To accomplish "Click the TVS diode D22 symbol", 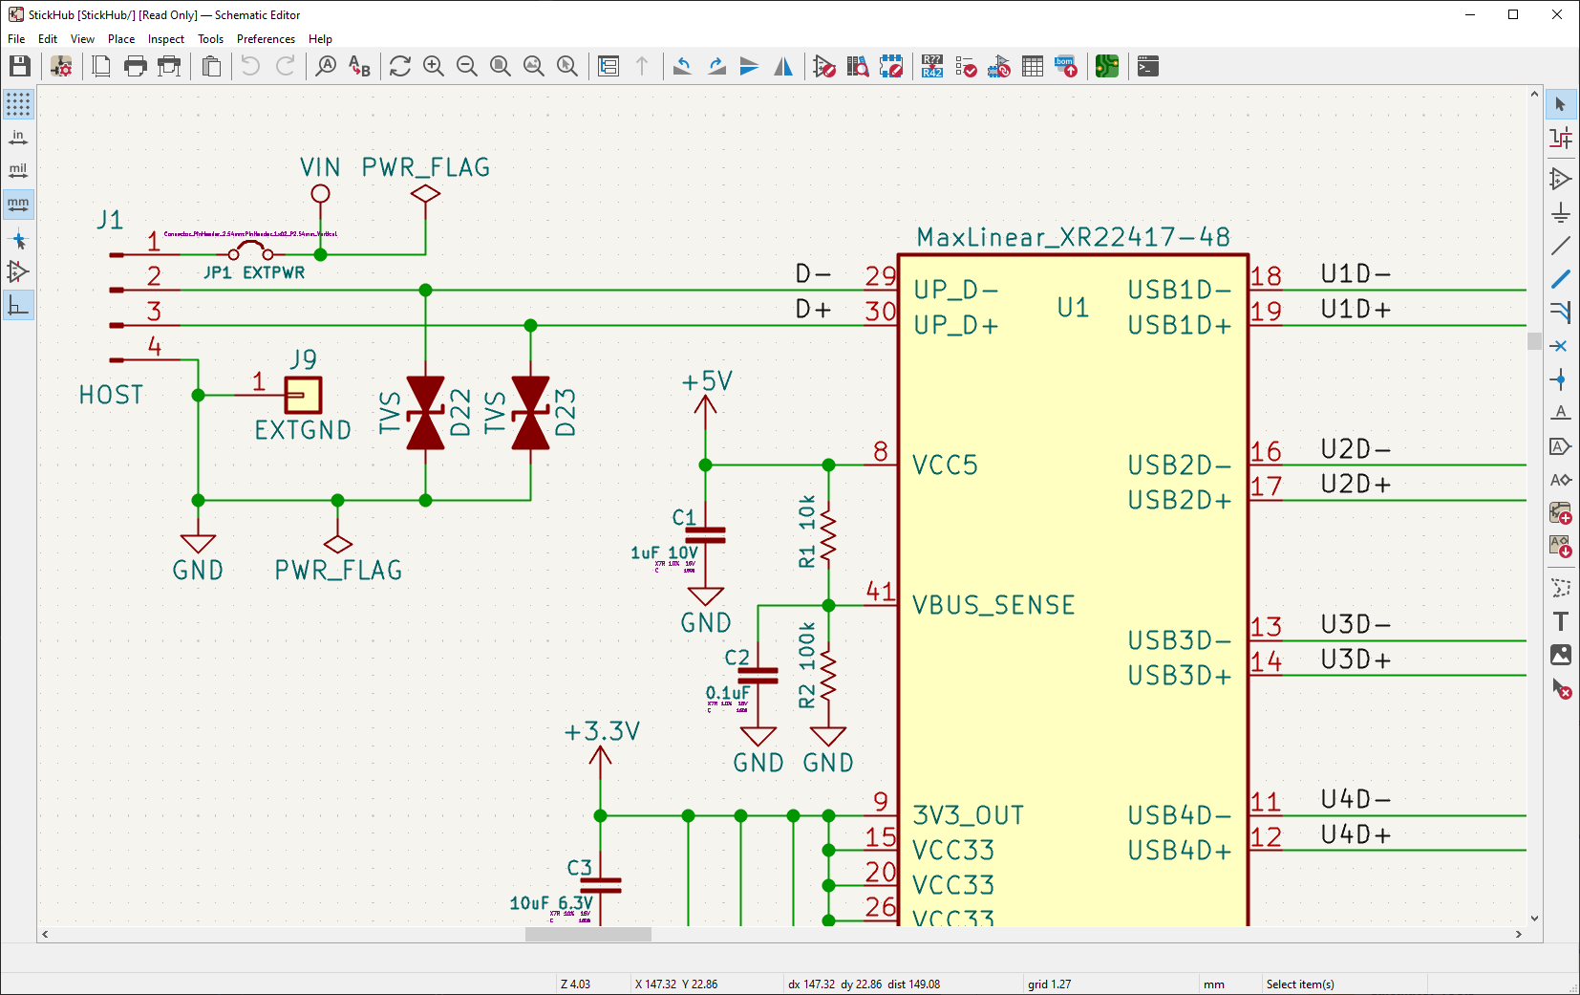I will pyautogui.click(x=425, y=413).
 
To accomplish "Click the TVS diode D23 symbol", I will pyautogui.click(x=530, y=413).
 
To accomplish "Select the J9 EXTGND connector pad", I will pyautogui.click(x=303, y=395).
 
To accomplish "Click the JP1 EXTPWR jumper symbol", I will pyautogui.click(x=250, y=251).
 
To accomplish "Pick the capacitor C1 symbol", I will pyautogui.click(x=705, y=534).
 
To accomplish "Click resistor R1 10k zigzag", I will pyautogui.click(x=828, y=535).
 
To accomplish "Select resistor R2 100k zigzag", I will pyautogui.click(x=828, y=676).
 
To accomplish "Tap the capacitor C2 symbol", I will pyautogui.click(x=758, y=676).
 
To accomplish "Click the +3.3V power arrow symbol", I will pyautogui.click(x=600, y=757).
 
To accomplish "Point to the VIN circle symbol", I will pyautogui.click(x=320, y=194).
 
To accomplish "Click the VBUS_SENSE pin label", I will pyautogui.click(x=993, y=605).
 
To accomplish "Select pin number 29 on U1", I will pyautogui.click(x=880, y=276).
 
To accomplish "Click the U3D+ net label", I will pyautogui.click(x=1356, y=660).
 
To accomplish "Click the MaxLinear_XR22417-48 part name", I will pyautogui.click(x=1073, y=237).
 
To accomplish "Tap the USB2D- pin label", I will pyautogui.click(x=1179, y=465).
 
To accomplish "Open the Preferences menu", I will pyautogui.click(x=266, y=39).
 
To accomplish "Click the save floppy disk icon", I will pyautogui.click(x=20, y=66).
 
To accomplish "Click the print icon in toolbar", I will pyautogui.click(x=136, y=66).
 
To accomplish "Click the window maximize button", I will pyautogui.click(x=1513, y=14).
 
